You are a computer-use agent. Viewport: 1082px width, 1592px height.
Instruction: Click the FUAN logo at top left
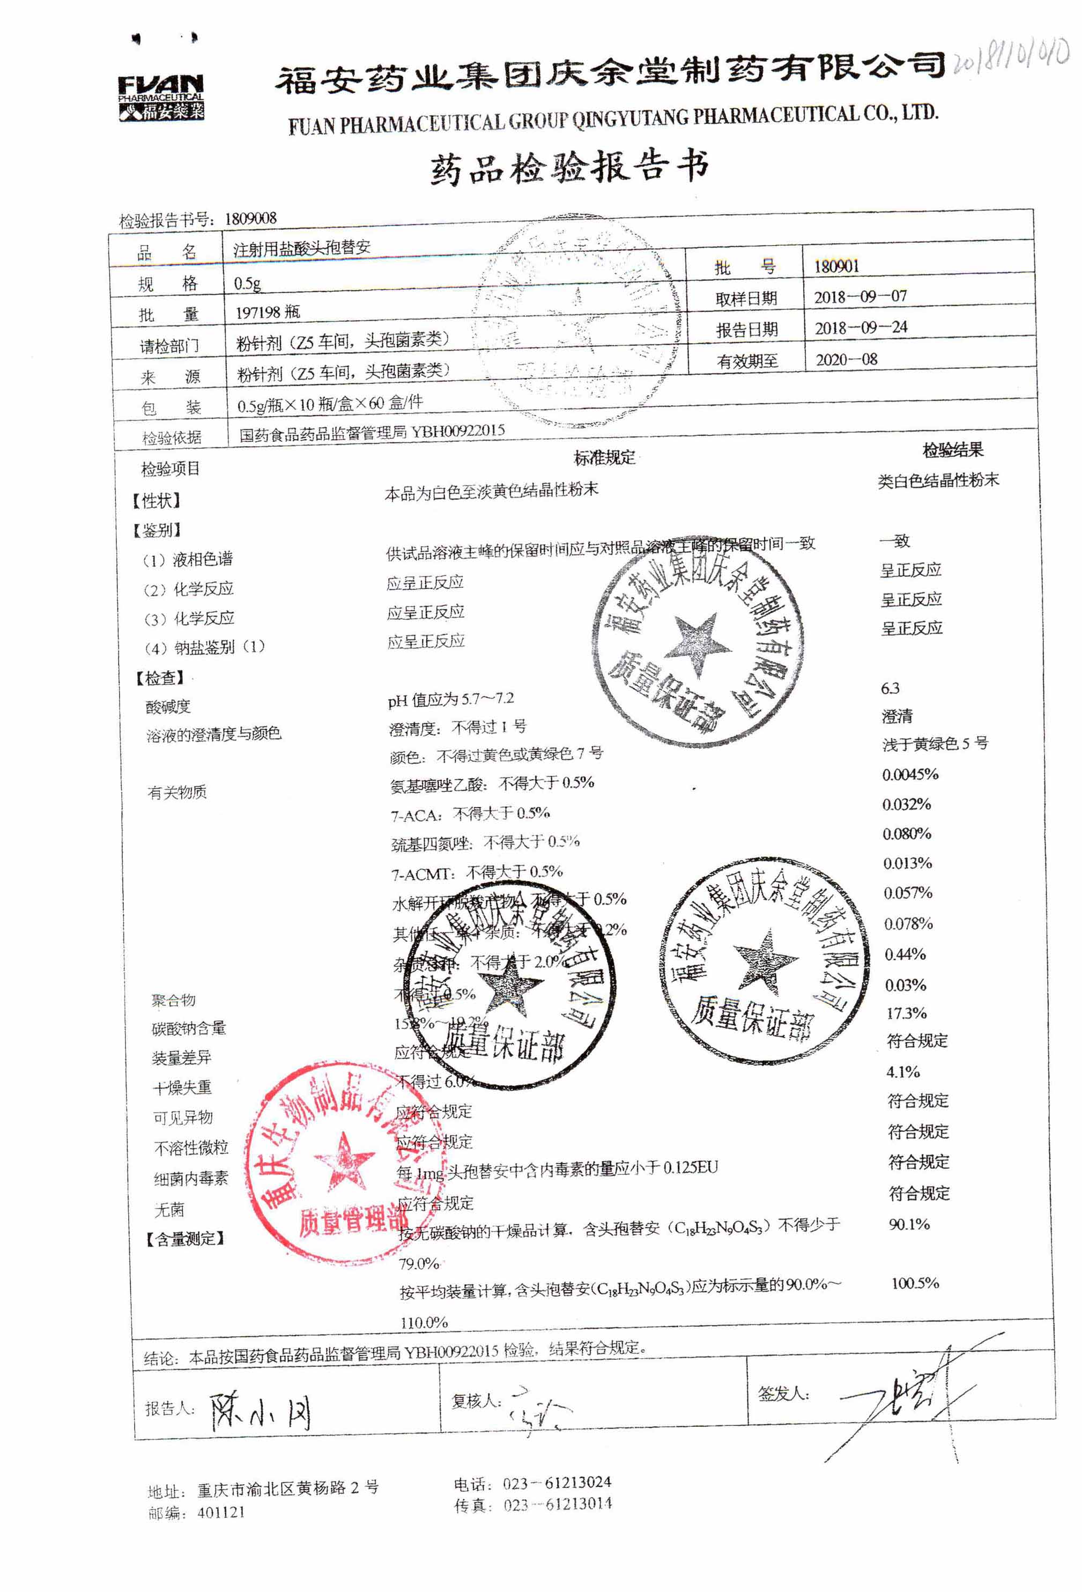[x=161, y=97]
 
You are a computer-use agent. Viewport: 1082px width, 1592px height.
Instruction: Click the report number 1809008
[x=250, y=219]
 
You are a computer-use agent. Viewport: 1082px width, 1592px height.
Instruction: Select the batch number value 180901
[x=836, y=266]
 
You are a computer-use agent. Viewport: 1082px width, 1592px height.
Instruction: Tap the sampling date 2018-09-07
[x=860, y=297]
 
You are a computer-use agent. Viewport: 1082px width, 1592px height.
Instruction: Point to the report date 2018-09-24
[x=861, y=328]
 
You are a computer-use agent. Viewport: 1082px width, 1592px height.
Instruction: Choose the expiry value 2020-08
[x=847, y=359]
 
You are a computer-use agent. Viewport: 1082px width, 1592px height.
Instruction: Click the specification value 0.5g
[x=247, y=283]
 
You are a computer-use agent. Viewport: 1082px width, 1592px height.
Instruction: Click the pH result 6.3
[x=890, y=688]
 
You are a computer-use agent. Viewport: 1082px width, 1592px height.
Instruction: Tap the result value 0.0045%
[x=910, y=774]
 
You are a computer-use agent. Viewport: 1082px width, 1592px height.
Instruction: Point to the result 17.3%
[x=906, y=1012]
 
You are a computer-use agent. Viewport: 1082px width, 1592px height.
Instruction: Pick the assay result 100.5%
[x=915, y=1283]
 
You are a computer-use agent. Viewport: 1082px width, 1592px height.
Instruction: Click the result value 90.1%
[x=909, y=1224]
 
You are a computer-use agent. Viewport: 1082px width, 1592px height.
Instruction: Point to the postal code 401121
[x=220, y=1512]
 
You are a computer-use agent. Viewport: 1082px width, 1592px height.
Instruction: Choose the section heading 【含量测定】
[x=185, y=1239]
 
